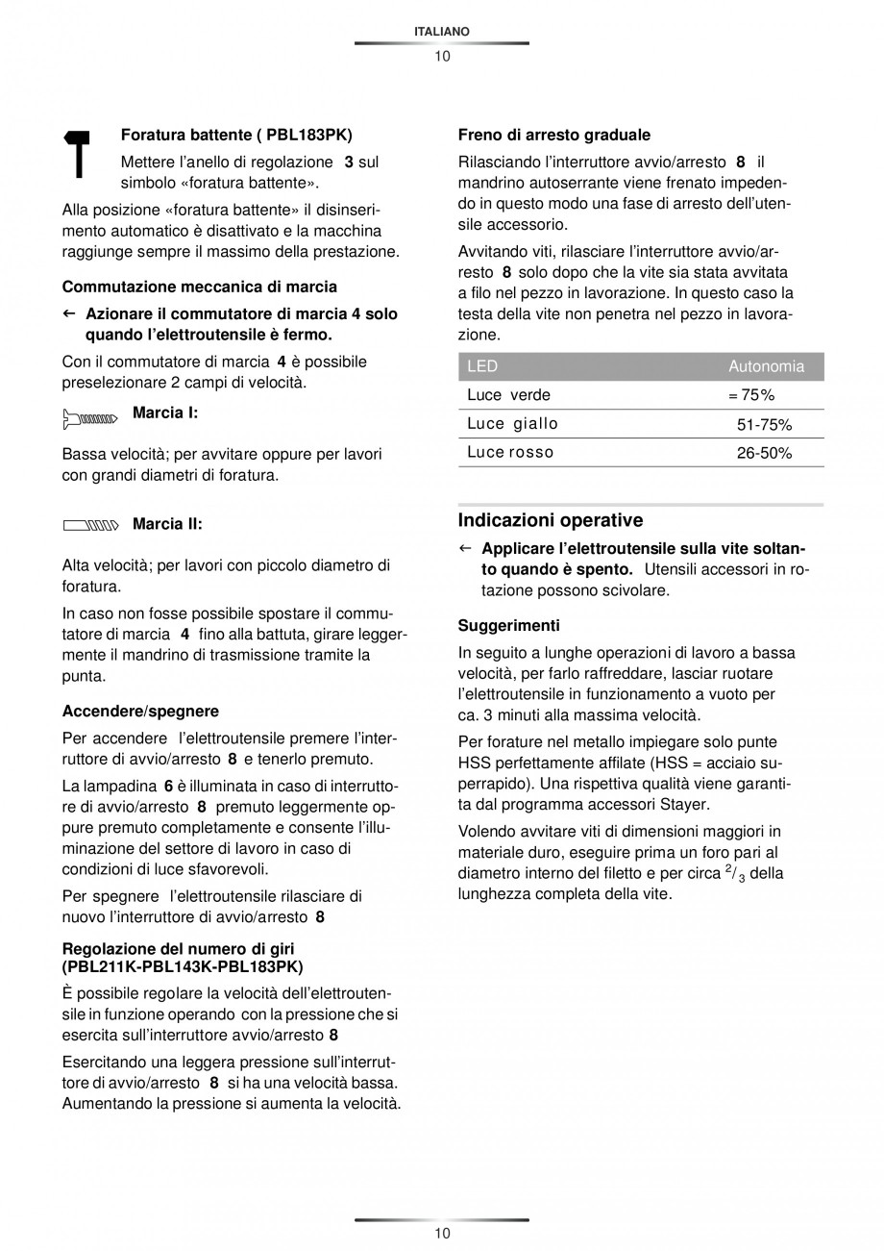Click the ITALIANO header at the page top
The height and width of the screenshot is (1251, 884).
pos(441,32)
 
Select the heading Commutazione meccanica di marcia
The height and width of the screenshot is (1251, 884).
pos(200,287)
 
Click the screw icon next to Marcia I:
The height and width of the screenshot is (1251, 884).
pos(89,418)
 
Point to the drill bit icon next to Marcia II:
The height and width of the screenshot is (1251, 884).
pos(90,525)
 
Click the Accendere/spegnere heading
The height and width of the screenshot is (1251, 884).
pos(140,712)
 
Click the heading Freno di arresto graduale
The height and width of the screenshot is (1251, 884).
pos(554,136)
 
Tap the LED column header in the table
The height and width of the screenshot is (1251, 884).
pos(482,366)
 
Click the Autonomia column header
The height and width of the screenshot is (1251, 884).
pos(766,366)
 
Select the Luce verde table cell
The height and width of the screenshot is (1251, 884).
pos(509,395)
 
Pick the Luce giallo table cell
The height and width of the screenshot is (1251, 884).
pos(512,424)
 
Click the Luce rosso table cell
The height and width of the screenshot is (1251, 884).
pos(510,453)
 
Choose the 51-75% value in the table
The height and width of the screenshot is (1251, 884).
pos(764,424)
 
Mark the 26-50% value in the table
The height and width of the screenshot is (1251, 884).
pos(764,453)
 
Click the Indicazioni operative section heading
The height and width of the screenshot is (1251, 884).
pos(551,520)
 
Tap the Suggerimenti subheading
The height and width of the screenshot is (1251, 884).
pos(509,626)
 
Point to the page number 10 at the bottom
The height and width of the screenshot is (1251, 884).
pos(441,1234)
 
